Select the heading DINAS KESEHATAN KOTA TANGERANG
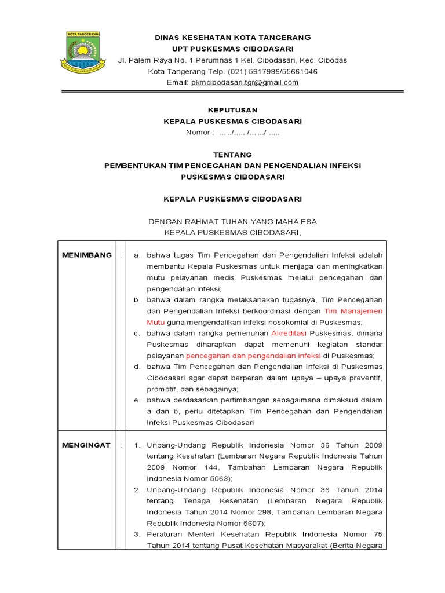(232, 38)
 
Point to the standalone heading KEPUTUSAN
(232, 109)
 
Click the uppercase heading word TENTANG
(232, 155)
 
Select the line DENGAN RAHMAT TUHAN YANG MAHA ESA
(232, 221)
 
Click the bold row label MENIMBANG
(87, 255)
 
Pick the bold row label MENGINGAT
(87, 445)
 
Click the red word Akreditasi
(289, 334)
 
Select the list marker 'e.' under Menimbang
(136, 400)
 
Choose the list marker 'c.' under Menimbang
(136, 334)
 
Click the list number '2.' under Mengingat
(137, 489)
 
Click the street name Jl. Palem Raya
(143, 60)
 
